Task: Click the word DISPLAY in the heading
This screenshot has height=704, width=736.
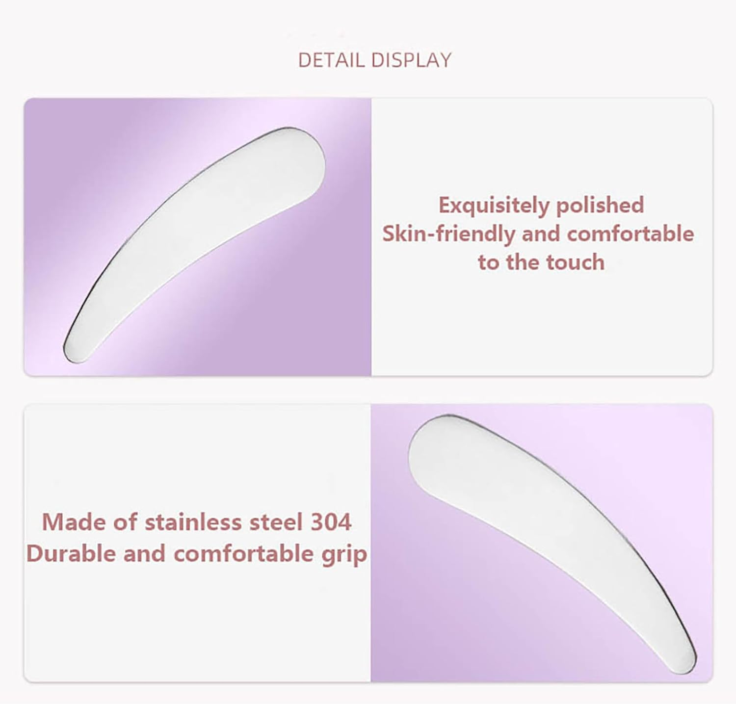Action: pyautogui.click(x=411, y=60)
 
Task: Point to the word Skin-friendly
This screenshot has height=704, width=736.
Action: pyautogui.click(x=448, y=234)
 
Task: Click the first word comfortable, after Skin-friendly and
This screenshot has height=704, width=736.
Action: pyautogui.click(x=630, y=234)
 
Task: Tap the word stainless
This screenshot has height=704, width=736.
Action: pyautogui.click(x=194, y=522)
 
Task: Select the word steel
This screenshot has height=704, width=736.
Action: pyautogui.click(x=276, y=522)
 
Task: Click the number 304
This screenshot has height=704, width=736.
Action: pyautogui.click(x=331, y=522)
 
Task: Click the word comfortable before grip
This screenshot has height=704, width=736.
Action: pyautogui.click(x=243, y=554)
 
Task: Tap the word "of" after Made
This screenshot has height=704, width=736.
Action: pyautogui.click(x=125, y=522)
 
